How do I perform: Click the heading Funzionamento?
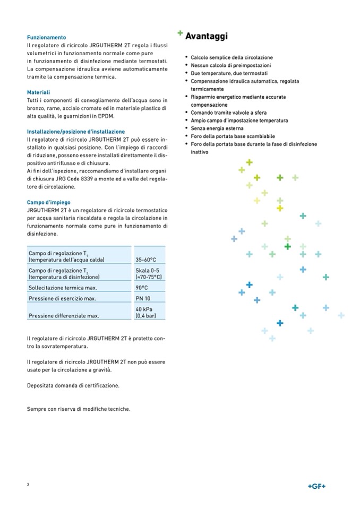point(46,38)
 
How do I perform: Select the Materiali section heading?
point(38,92)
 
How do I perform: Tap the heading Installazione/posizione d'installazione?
point(76,132)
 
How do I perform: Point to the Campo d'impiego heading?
point(48,202)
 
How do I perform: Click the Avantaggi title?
point(207,37)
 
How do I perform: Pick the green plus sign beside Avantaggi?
point(181,33)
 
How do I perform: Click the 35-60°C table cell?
point(145,260)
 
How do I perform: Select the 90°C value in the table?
point(142,288)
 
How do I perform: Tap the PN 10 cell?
point(143,299)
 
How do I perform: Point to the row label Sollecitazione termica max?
point(62,288)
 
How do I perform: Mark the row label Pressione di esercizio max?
point(62,299)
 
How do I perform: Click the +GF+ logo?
point(316,486)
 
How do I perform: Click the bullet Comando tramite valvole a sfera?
point(229,113)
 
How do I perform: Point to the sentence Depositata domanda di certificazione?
point(73,386)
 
